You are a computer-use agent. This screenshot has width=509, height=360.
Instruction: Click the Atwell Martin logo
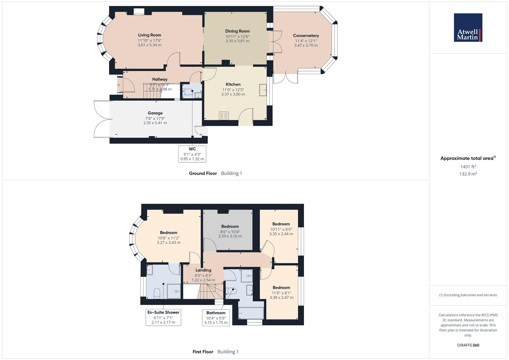click(468, 28)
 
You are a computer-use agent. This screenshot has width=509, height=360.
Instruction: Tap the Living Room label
click(150, 35)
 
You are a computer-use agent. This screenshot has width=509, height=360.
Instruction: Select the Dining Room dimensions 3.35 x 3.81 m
click(237, 41)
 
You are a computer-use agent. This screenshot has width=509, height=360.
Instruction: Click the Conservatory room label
click(306, 36)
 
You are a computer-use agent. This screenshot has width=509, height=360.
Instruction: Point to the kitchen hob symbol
click(224, 116)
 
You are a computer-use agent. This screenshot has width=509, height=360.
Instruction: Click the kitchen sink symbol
click(263, 90)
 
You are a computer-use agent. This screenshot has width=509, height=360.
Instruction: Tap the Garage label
click(155, 113)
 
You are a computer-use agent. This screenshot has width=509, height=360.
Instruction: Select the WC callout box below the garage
click(192, 154)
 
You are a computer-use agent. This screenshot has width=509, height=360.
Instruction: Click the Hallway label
click(160, 79)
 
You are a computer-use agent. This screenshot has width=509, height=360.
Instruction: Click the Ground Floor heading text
click(203, 173)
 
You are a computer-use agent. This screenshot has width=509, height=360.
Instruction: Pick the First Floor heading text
click(203, 352)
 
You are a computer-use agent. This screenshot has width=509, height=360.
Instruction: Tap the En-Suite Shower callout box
click(163, 317)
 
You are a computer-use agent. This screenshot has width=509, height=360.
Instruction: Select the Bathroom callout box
click(216, 318)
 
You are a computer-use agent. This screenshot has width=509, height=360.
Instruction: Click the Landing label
click(203, 270)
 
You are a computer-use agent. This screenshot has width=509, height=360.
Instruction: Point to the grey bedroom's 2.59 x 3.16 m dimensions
click(230, 236)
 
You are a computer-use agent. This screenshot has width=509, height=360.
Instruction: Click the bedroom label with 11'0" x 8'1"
click(281, 288)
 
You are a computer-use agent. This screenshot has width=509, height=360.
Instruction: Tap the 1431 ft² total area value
click(468, 167)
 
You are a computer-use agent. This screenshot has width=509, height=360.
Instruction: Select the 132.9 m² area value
click(468, 174)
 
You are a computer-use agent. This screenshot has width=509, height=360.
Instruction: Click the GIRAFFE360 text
click(468, 345)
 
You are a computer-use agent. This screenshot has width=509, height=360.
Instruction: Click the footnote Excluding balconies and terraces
click(468, 295)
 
